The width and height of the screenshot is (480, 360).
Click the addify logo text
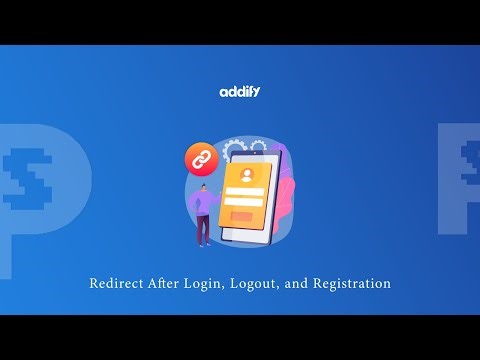(x=240, y=92)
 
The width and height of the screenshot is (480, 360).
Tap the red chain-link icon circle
(x=202, y=158)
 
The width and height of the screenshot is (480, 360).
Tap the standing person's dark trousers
(x=203, y=229)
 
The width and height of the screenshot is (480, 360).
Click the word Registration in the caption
(x=351, y=284)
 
